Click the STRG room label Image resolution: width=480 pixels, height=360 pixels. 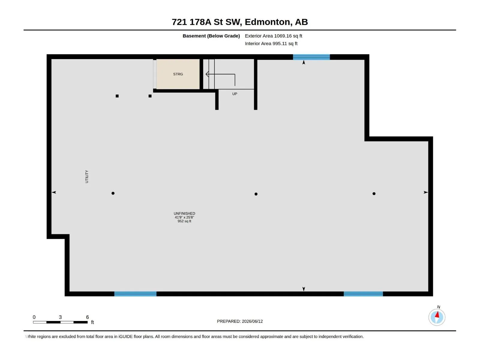tap(178, 74)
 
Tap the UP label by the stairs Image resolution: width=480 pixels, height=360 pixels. tap(234, 94)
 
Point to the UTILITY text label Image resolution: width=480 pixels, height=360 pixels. tap(87, 176)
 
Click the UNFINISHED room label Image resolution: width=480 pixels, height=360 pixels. tap(184, 213)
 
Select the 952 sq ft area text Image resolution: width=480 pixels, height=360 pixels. tap(184, 221)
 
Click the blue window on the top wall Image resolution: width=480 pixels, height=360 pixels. tap(311, 57)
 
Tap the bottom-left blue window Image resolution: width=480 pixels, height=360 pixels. tap(135, 294)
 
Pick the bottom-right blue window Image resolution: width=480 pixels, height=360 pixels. tap(363, 294)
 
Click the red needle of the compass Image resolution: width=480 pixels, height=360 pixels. tap(437, 314)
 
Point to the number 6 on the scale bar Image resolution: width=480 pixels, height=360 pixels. tap(87, 317)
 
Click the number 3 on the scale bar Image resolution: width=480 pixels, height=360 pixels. tap(60, 317)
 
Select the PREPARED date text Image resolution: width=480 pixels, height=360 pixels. tap(240, 321)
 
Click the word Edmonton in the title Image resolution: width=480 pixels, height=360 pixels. tap(267, 22)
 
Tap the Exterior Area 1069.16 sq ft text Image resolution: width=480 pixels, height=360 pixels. tap(273, 36)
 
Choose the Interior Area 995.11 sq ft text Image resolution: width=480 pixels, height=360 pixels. tap(271, 43)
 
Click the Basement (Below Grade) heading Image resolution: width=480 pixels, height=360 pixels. tap(211, 36)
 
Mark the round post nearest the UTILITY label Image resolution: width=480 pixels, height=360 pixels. tap(113, 193)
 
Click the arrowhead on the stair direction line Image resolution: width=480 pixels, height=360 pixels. tap(207, 74)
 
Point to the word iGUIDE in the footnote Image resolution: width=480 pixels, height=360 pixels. tap(125, 336)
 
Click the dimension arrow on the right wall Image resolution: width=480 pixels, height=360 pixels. tap(425, 192)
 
